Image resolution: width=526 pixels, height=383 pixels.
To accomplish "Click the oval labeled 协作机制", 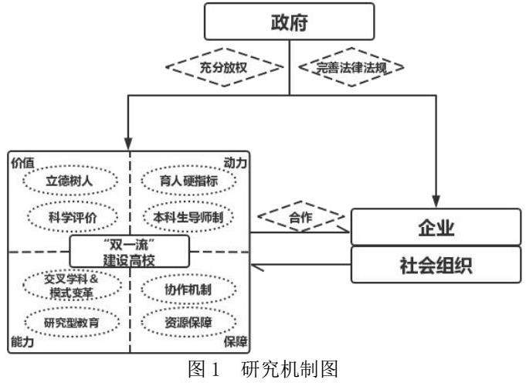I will click(x=188, y=287).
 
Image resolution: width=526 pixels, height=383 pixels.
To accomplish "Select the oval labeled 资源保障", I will click(x=188, y=320).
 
